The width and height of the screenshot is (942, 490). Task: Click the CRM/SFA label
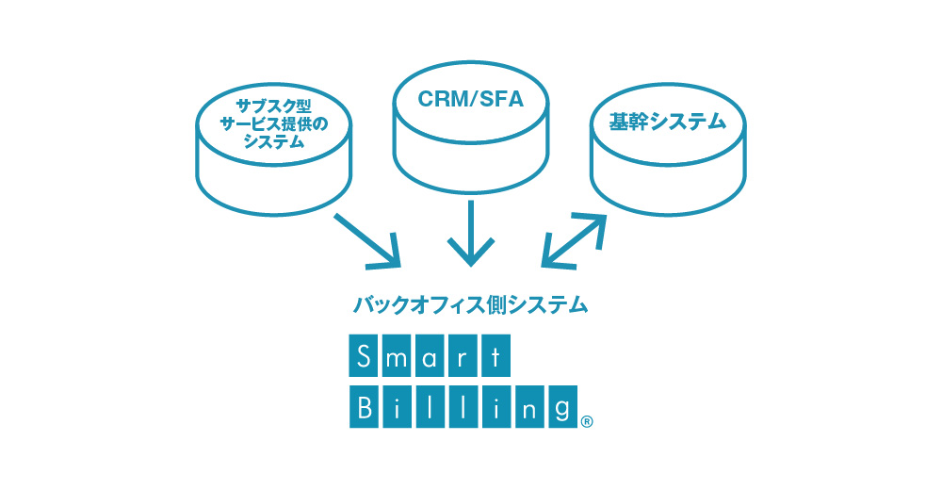[x=470, y=99]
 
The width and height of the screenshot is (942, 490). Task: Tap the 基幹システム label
[x=668, y=122]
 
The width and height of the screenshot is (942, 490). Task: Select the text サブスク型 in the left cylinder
[x=273, y=106]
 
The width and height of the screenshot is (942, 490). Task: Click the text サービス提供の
[x=273, y=124]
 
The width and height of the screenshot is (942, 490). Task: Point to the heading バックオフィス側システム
[x=470, y=304]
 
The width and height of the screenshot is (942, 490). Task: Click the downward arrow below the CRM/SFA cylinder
[x=471, y=234]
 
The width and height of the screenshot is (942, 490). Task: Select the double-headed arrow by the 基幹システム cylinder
[x=574, y=240]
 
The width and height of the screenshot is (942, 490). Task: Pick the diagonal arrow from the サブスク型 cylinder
[x=367, y=240]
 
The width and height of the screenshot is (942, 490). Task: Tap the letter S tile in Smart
[x=363, y=356]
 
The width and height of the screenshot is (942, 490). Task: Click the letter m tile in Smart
[x=396, y=356]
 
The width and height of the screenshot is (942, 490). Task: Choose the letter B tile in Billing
[x=364, y=407]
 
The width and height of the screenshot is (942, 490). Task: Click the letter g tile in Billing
[x=563, y=407]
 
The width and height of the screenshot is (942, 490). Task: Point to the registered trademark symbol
[x=588, y=422]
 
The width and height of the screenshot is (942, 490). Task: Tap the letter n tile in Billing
[x=529, y=407]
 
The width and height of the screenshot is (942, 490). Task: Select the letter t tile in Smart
[x=495, y=356]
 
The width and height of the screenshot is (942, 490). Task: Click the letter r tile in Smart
[x=463, y=356]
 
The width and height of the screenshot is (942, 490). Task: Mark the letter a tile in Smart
[x=430, y=356]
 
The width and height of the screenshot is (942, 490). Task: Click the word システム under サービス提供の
[x=273, y=142]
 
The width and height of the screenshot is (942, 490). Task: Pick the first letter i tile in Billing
[x=398, y=407]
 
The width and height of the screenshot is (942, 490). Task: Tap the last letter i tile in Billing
[x=496, y=407]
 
